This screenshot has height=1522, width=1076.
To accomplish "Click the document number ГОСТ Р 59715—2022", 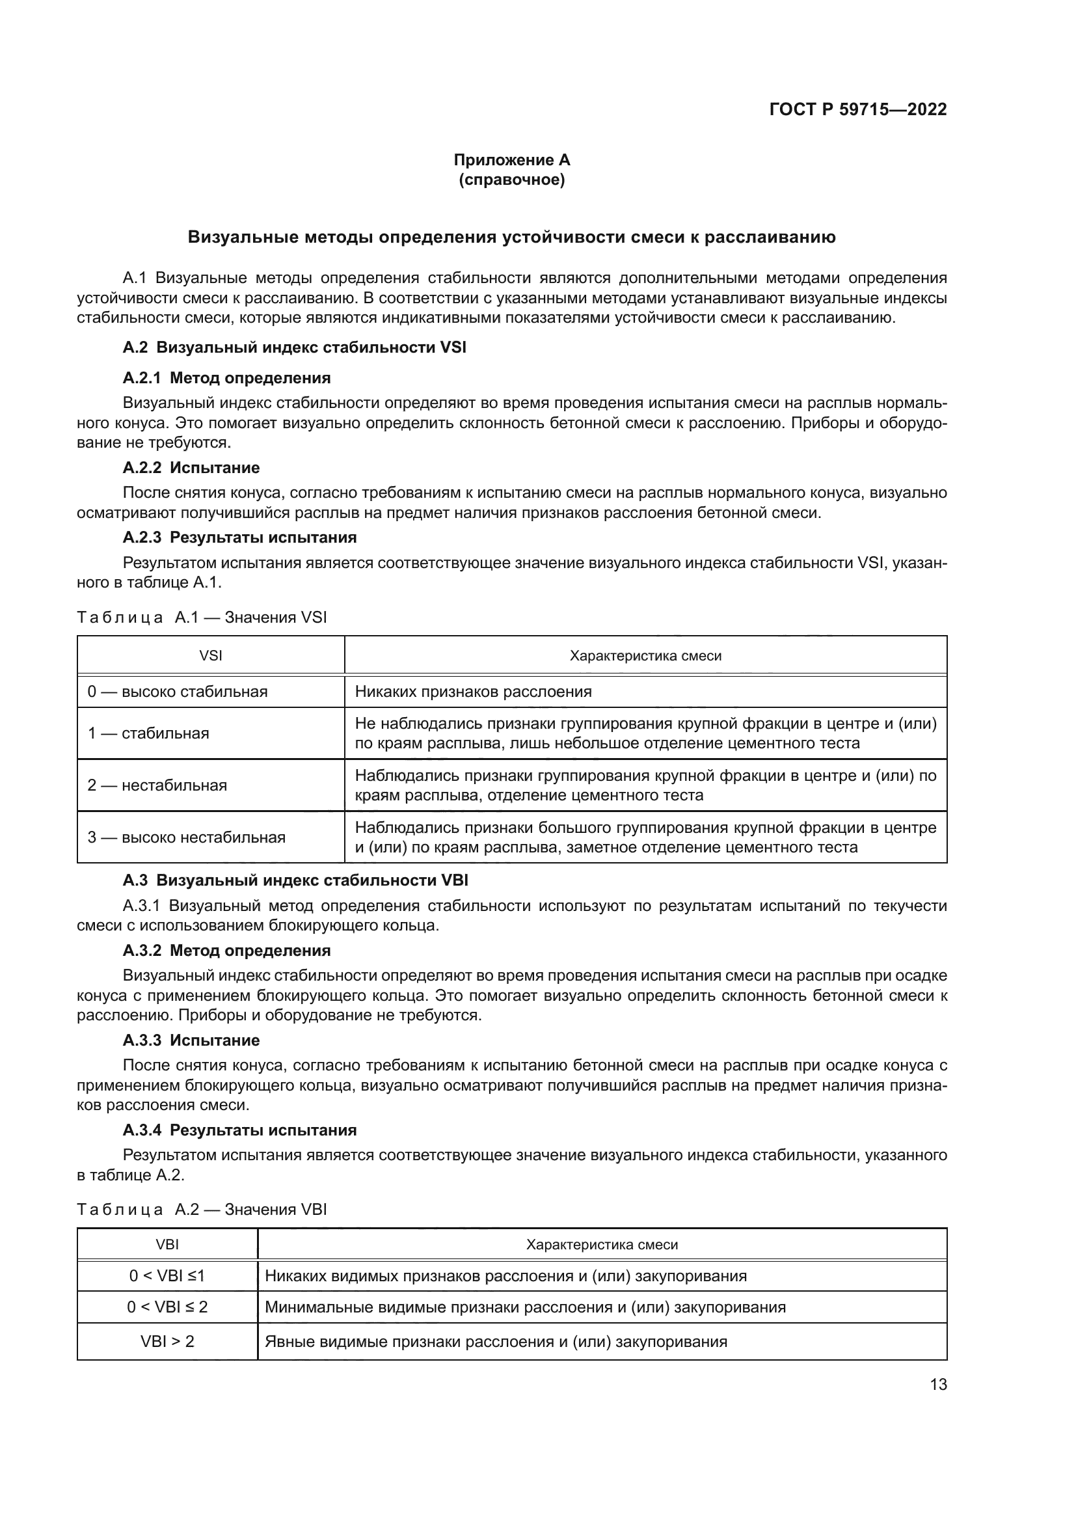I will (858, 110).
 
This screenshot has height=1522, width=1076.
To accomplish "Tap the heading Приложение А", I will (511, 160).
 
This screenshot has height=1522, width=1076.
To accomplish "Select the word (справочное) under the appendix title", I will (511, 180).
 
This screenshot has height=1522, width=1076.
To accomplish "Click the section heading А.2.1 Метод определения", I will (226, 378).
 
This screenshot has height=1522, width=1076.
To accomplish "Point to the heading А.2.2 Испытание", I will (191, 468).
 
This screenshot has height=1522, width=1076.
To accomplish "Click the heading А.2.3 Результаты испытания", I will (239, 537).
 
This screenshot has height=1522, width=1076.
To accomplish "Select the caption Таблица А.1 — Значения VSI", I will (202, 618).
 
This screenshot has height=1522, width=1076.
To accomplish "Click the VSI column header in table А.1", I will (211, 657).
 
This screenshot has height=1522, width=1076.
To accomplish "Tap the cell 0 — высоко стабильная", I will (178, 692).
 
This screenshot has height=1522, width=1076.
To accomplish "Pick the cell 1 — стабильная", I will (148, 734).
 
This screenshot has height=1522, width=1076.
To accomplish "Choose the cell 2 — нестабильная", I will (157, 785).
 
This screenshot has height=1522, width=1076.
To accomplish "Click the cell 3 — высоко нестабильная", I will (186, 838).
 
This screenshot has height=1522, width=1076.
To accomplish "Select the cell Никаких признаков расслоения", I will (473, 692).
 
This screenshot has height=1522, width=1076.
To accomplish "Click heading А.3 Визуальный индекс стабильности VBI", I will (295, 881).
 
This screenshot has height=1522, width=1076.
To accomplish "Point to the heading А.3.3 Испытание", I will (191, 1040).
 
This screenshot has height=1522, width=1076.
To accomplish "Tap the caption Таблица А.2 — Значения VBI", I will (202, 1210).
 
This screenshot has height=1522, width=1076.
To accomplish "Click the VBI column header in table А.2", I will (167, 1245).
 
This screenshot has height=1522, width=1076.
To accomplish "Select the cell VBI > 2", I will (167, 1342).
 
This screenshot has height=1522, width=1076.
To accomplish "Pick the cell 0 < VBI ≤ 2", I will (167, 1307).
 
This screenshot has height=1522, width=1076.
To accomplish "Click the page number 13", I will (938, 1385).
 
